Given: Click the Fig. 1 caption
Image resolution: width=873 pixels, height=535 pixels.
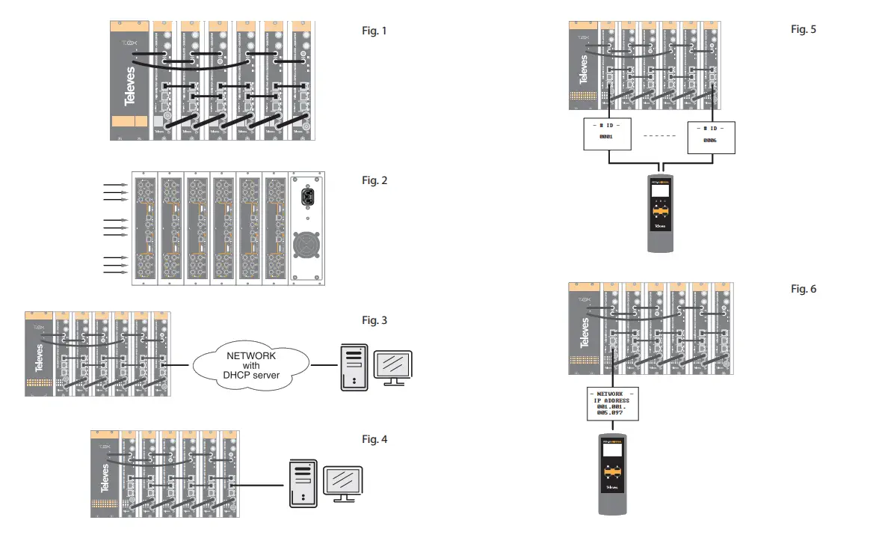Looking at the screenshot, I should tap(374, 31).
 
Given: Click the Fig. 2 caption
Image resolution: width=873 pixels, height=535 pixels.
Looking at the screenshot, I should tap(374, 180).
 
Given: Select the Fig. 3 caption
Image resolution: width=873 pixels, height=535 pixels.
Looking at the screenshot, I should tap(374, 320).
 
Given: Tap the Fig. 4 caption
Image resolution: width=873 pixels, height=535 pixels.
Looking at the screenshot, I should tap(374, 439).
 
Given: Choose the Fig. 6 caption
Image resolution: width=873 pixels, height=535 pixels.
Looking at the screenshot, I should tap(803, 289).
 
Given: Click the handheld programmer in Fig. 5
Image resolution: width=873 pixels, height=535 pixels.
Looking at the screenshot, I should tap(660, 213).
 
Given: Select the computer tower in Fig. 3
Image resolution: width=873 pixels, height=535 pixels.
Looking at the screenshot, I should tap(354, 367).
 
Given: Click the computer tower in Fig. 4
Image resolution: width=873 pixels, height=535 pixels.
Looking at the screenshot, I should tap(301, 484).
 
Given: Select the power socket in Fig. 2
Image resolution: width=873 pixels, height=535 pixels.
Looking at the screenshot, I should tap(306, 197).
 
